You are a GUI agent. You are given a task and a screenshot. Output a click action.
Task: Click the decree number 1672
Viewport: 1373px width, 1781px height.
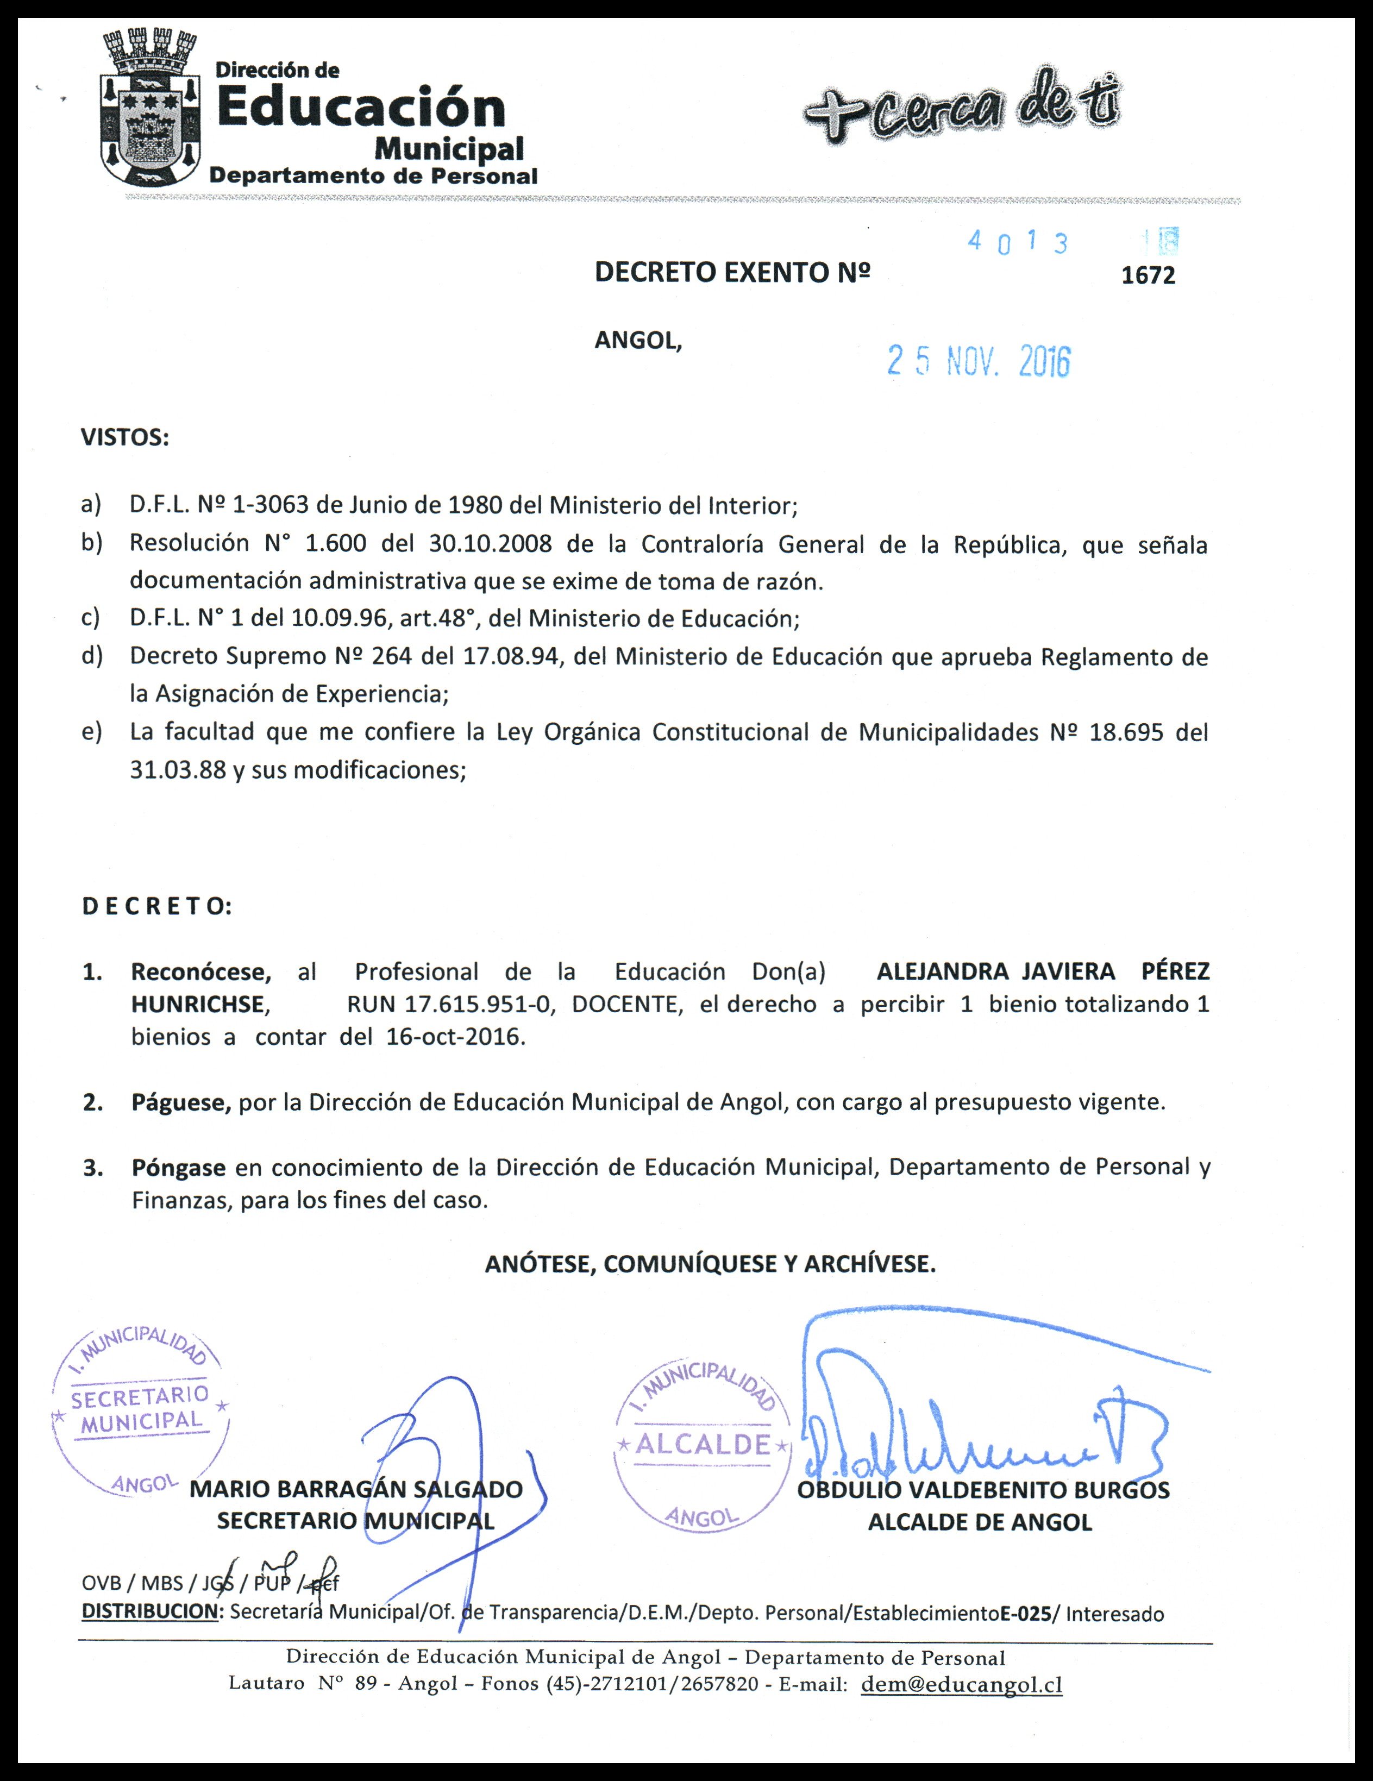click(1148, 275)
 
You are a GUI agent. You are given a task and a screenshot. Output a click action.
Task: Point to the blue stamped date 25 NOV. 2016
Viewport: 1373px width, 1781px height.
click(979, 361)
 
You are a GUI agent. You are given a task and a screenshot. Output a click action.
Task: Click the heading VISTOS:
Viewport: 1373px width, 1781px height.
click(125, 438)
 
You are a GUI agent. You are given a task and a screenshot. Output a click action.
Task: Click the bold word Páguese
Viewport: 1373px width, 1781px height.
click(181, 1102)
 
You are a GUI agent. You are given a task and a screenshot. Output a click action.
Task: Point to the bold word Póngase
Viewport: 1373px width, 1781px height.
click(179, 1168)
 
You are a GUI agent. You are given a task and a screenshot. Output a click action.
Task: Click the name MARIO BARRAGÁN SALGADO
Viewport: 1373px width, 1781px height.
click(356, 1490)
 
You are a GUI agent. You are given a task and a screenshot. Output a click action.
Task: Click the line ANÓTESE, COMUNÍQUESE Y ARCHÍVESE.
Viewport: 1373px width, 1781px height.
click(710, 1264)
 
